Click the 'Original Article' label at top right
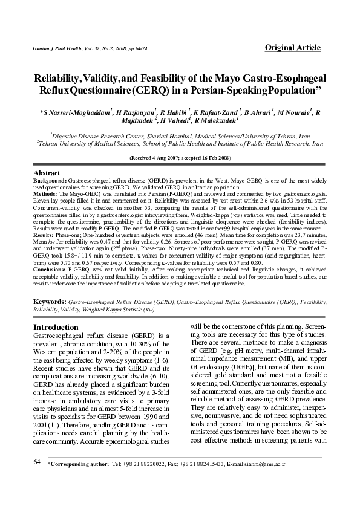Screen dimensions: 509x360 point(292,48)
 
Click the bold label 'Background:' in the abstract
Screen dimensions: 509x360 point(50,181)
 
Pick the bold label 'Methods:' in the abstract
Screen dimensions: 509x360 point(46,194)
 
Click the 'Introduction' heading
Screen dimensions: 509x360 point(60,327)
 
